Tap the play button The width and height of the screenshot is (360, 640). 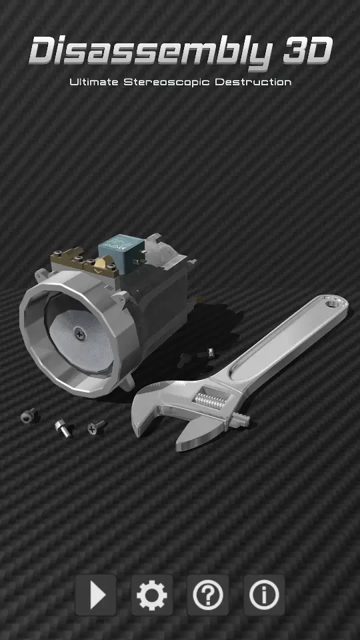(x=95, y=595)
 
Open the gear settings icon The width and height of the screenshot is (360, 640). (x=151, y=595)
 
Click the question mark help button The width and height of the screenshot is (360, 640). (x=208, y=595)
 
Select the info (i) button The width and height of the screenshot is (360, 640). (x=264, y=595)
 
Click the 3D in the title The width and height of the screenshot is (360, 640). (x=307, y=52)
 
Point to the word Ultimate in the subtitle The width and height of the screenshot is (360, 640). (x=94, y=83)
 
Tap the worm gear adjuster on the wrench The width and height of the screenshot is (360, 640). (x=209, y=400)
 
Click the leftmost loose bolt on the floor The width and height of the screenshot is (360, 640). (x=27, y=416)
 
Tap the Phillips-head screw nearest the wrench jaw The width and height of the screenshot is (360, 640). (x=96, y=427)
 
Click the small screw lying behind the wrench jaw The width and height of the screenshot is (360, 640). (x=209, y=353)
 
